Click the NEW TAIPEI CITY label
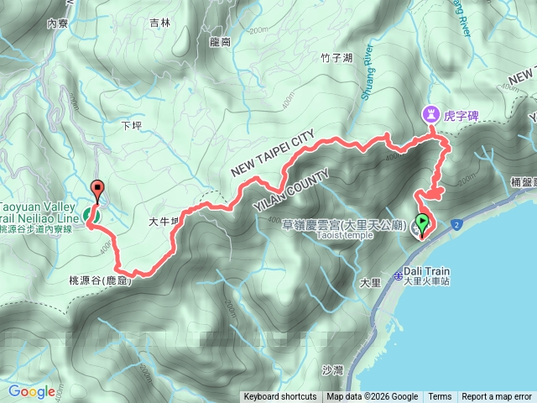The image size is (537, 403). pyautogui.click(x=273, y=153)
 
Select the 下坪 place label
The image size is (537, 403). pyautogui.click(x=133, y=126)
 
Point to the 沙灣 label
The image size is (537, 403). pyautogui.click(x=333, y=369)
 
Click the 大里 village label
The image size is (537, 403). pyautogui.click(x=369, y=283)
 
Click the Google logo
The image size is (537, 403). pyautogui.click(x=31, y=391)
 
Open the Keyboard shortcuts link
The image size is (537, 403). pyautogui.click(x=279, y=397)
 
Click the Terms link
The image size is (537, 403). pyautogui.click(x=440, y=397)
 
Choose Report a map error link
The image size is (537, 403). pyautogui.click(x=497, y=397)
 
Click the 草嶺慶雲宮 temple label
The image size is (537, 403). pyautogui.click(x=334, y=224)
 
